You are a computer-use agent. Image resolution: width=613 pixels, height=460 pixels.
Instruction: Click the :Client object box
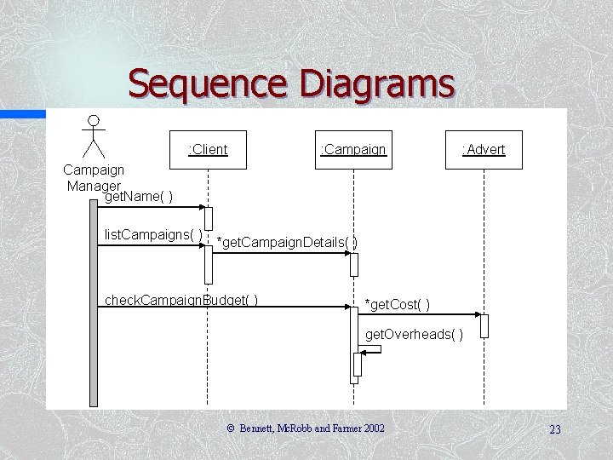(x=208, y=150)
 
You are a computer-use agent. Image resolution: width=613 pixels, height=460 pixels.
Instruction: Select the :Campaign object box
(x=352, y=150)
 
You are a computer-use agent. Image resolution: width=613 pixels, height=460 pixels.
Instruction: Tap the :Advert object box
(x=484, y=150)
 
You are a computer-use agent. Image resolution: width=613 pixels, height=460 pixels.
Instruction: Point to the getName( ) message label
(x=139, y=198)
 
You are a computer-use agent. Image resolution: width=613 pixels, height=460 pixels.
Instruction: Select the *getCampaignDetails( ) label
(x=287, y=243)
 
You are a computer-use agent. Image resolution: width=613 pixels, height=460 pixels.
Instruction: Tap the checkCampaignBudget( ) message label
(x=181, y=300)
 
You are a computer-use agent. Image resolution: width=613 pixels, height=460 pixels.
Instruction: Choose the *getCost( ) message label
(x=397, y=305)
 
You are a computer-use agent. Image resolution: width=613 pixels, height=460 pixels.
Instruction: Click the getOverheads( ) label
(x=415, y=335)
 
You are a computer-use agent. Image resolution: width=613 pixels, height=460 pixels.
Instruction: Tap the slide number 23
(x=555, y=429)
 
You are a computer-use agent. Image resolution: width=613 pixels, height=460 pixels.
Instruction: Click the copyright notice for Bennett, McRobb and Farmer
(x=306, y=428)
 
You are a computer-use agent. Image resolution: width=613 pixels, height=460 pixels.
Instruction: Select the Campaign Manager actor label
(x=94, y=177)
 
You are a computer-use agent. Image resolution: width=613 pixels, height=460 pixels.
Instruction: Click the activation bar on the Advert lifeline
(x=484, y=325)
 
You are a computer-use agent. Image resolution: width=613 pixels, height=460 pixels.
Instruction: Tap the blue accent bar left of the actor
(x=23, y=113)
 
